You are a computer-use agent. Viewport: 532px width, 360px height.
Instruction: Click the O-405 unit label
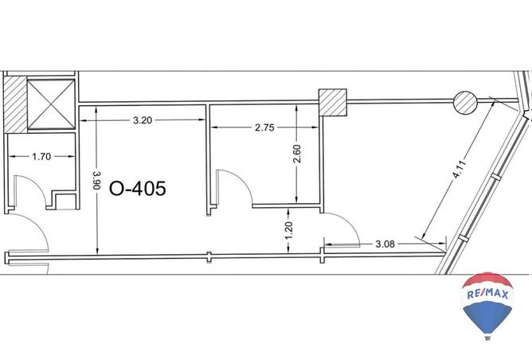[138, 189]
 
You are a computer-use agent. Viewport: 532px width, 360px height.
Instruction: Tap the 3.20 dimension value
[143, 120]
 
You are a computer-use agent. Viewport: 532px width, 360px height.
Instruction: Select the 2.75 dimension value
[264, 127]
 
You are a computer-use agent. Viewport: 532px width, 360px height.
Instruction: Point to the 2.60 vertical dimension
[296, 154]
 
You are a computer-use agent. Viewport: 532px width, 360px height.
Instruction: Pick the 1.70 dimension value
[41, 157]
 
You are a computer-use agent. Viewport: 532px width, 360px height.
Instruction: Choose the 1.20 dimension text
[288, 231]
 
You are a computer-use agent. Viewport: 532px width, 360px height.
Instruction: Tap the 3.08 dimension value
[385, 244]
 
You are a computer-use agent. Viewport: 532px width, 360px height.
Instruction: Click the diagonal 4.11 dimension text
[460, 169]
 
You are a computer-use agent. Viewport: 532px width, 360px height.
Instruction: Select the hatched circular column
[465, 103]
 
